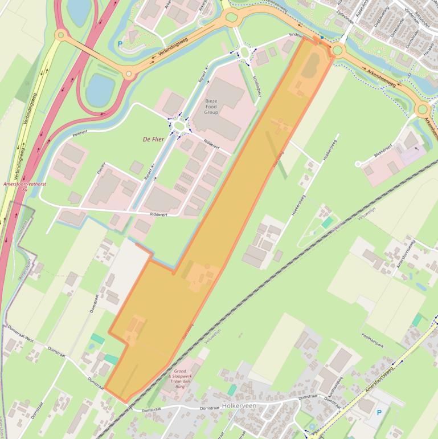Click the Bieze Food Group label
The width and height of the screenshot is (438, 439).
tap(211, 107)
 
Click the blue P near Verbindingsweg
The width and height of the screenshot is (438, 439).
tap(120, 43)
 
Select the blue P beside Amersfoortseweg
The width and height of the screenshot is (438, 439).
tap(379, 412)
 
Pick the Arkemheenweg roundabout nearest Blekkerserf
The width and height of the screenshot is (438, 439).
tap(422, 109)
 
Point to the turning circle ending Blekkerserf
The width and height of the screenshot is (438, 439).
tap(359, 164)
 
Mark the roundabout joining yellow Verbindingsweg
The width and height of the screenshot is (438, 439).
tap(60, 35)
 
